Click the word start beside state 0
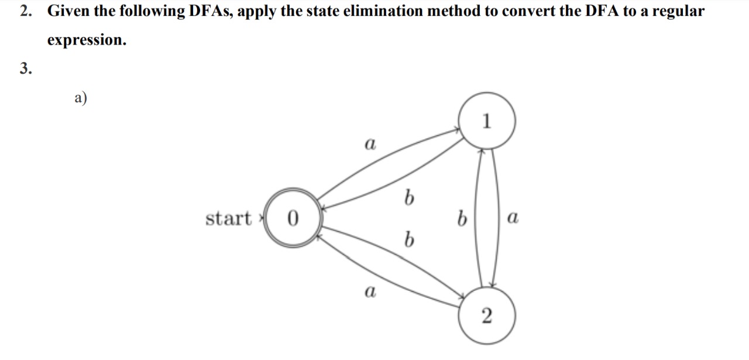point(228,218)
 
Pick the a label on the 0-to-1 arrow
point(369,143)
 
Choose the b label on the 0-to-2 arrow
point(409,239)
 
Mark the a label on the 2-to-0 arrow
point(369,291)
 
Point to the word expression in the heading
point(87,40)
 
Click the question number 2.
point(24,11)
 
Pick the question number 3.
point(24,68)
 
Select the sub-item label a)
point(80,98)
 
